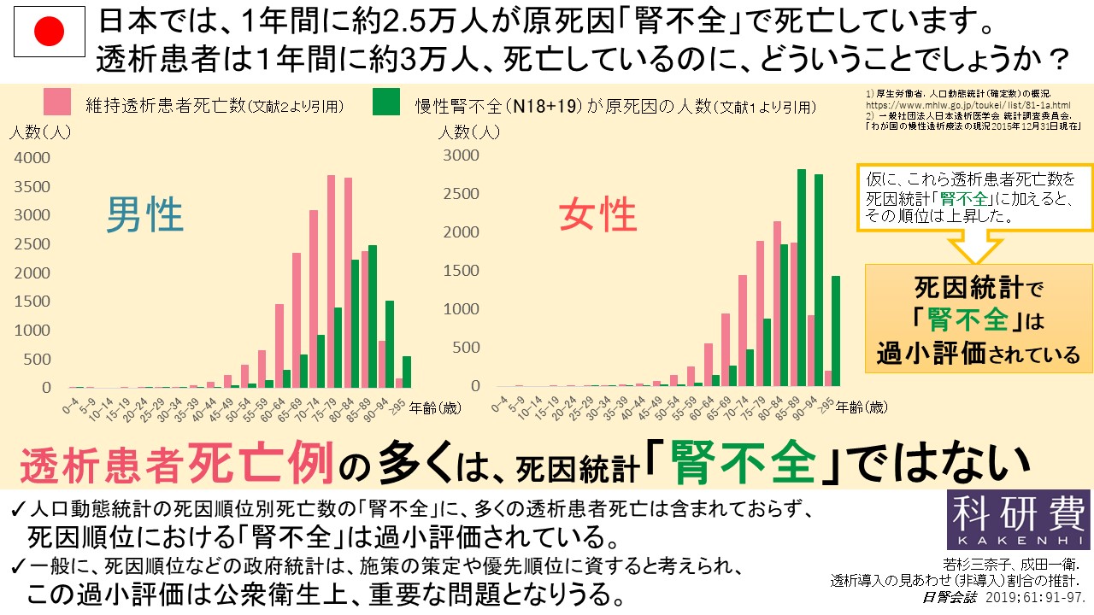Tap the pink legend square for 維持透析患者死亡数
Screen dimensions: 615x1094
56,102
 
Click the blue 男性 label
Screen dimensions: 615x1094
144,215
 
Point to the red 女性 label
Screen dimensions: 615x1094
598,215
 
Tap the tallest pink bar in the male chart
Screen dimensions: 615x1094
331,281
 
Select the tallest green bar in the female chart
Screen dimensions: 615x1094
801,278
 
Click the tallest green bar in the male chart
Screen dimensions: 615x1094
372,316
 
